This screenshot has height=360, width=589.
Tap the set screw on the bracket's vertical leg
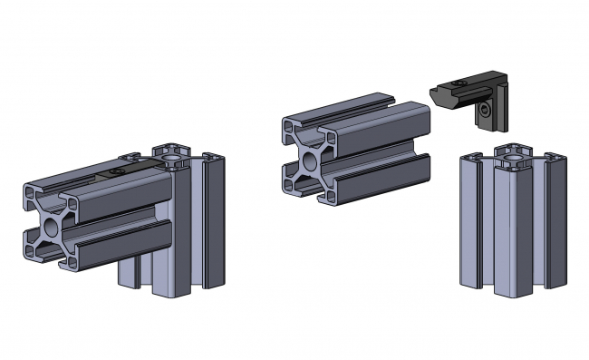(x=488, y=111)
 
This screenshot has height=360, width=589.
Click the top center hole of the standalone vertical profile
(x=514, y=158)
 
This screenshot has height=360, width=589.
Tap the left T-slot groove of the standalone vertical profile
(x=480, y=227)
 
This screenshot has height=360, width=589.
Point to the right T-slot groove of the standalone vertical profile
(x=544, y=227)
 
